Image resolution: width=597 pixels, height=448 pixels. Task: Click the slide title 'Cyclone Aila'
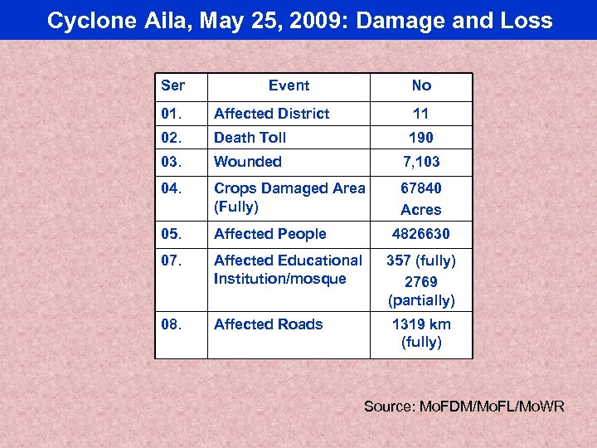[x=299, y=20]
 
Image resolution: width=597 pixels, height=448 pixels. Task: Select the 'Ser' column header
[x=172, y=85]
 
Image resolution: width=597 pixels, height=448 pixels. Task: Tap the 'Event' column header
[x=289, y=85]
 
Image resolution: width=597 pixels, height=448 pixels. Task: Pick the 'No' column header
[x=421, y=85]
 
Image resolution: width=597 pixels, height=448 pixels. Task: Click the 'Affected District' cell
[x=271, y=114]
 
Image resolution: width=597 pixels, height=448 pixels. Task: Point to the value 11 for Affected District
[x=421, y=114]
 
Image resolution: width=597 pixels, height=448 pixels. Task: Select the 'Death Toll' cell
[x=250, y=138]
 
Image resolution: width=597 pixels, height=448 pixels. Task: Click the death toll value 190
[x=421, y=138]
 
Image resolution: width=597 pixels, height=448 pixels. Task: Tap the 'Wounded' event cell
[x=247, y=162]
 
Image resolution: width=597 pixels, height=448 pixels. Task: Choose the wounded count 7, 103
[x=421, y=162]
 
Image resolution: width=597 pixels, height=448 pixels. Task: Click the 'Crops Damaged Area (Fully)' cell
[x=289, y=197]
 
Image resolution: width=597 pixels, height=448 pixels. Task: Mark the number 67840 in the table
[x=421, y=189]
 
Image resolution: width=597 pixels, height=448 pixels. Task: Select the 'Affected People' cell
[x=269, y=234]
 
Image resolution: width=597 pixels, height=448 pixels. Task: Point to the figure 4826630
[x=421, y=234]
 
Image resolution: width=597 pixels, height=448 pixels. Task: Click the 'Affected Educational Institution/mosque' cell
[x=288, y=270]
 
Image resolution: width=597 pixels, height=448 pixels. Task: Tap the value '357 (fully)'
[x=421, y=261]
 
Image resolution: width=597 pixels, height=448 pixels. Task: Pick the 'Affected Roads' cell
[x=268, y=324]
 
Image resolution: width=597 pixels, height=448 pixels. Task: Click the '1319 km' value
[x=421, y=324]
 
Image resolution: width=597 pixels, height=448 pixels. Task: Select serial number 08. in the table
[x=171, y=324]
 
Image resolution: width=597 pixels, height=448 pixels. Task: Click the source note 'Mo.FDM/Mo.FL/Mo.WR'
[x=464, y=406]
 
